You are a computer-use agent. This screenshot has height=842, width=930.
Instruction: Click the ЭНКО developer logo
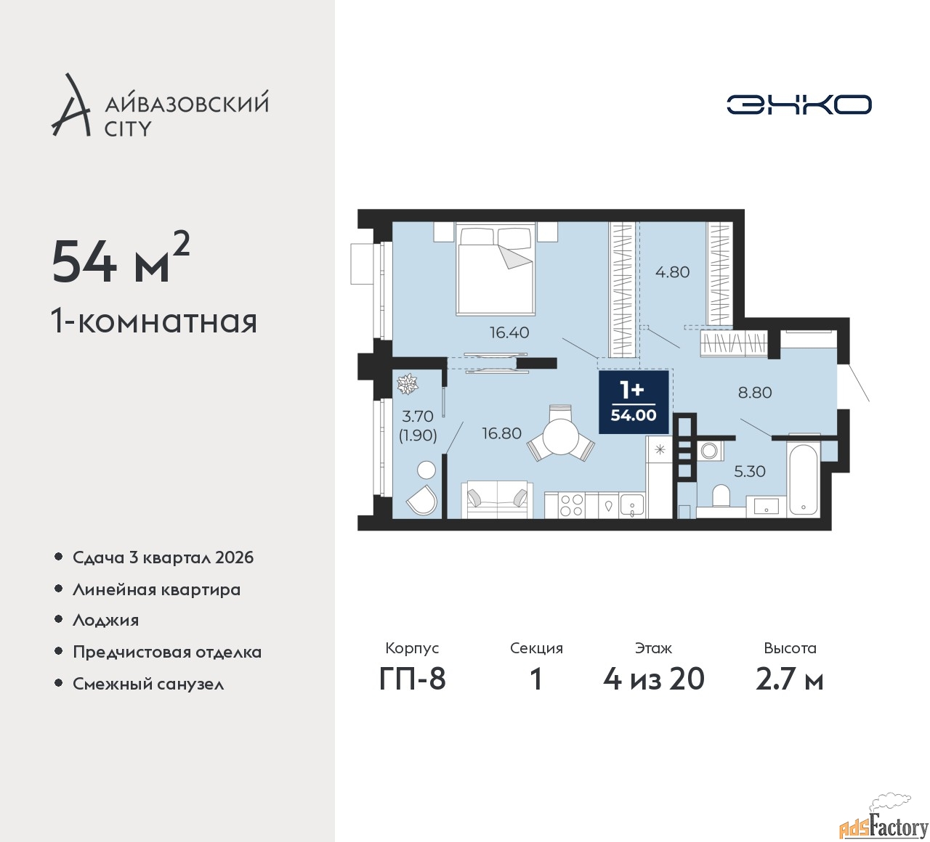click(x=798, y=105)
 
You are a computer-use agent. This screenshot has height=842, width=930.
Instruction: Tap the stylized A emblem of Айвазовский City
click(x=71, y=106)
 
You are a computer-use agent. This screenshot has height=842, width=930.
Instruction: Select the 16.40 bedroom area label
click(x=509, y=332)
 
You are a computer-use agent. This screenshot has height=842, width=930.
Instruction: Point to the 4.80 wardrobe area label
click(x=672, y=272)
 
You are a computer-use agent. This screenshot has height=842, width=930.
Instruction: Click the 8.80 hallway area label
click(x=754, y=393)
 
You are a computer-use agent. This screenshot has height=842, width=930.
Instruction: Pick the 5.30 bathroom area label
click(x=749, y=471)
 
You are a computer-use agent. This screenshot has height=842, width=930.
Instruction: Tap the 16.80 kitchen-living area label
click(x=501, y=433)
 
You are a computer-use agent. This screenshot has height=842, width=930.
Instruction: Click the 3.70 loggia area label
click(x=418, y=417)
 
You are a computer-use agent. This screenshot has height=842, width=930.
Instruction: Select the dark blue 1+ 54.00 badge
click(x=633, y=401)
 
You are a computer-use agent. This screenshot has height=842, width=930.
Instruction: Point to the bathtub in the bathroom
click(x=803, y=479)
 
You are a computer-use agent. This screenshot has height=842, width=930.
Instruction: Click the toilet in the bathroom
click(x=721, y=498)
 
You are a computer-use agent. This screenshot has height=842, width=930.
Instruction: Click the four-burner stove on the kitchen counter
click(x=571, y=505)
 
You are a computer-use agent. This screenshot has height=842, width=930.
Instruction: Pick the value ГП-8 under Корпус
click(x=412, y=679)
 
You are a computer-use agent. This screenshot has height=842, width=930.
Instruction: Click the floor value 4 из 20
click(x=653, y=679)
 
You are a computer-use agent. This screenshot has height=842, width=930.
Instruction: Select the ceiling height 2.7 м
click(x=789, y=679)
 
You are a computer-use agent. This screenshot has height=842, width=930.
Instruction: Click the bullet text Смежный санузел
click(x=148, y=684)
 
